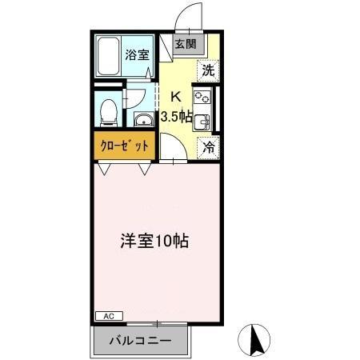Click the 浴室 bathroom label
[x=136, y=55]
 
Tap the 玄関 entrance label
[x=185, y=45]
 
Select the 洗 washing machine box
[x=207, y=70]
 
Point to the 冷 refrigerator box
[x=207, y=146]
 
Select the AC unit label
[x=110, y=317]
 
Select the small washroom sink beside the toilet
[x=142, y=121]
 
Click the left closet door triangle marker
[x=105, y=169]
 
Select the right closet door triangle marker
[x=145, y=169]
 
